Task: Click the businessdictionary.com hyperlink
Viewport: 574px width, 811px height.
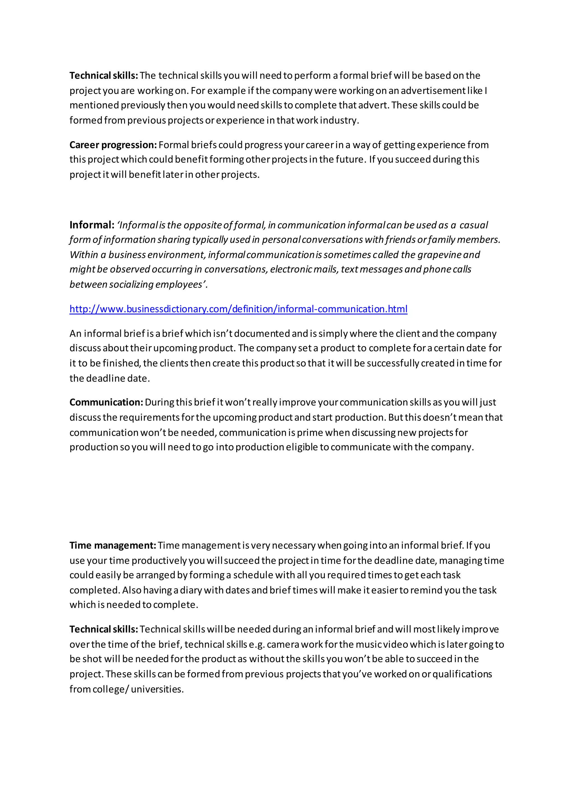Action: point(238,309)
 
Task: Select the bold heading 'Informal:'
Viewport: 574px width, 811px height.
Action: point(92,225)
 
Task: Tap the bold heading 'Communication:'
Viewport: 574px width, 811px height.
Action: point(106,402)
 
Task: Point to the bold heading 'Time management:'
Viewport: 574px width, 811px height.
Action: point(113,545)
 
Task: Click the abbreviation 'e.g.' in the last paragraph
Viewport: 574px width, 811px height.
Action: point(257,645)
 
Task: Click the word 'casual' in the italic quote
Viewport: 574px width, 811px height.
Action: point(474,225)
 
